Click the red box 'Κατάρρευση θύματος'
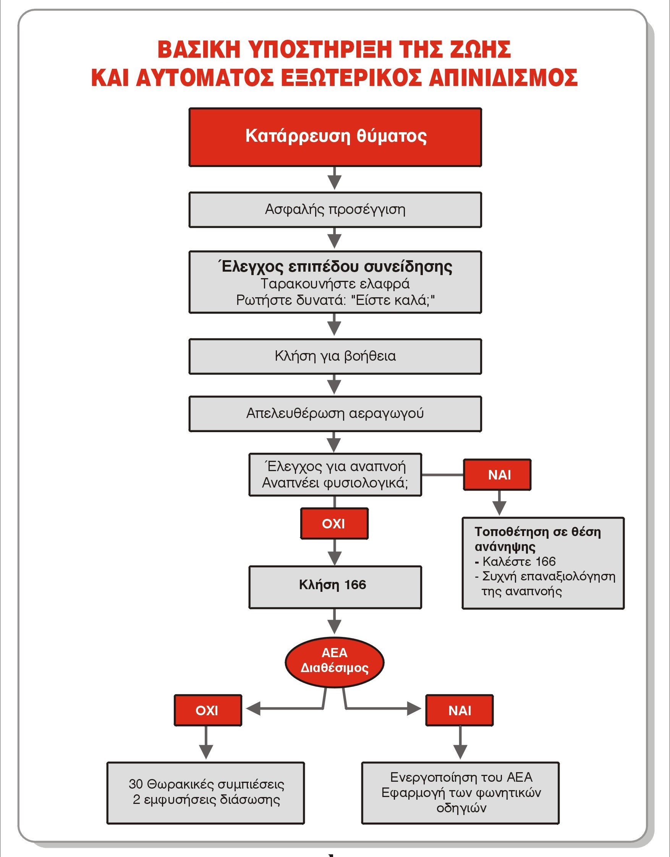click(335, 137)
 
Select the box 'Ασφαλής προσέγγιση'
click(335, 209)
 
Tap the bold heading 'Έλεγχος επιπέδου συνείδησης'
click(335, 266)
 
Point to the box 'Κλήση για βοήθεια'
click(335, 356)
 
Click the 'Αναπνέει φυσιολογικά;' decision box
click(335, 475)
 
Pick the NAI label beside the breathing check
click(497, 475)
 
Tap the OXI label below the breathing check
click(334, 523)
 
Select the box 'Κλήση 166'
click(335, 587)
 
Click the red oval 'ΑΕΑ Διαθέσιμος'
click(334, 662)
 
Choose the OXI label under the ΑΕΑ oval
click(208, 710)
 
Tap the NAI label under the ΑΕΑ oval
click(460, 710)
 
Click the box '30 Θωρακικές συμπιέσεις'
click(206, 793)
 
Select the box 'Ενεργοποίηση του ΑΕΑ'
click(460, 793)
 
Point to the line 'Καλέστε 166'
click(515, 562)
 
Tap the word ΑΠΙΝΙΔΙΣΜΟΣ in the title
click(503, 77)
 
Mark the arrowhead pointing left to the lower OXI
click(253, 709)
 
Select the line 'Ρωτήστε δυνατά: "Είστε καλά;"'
click(335, 301)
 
